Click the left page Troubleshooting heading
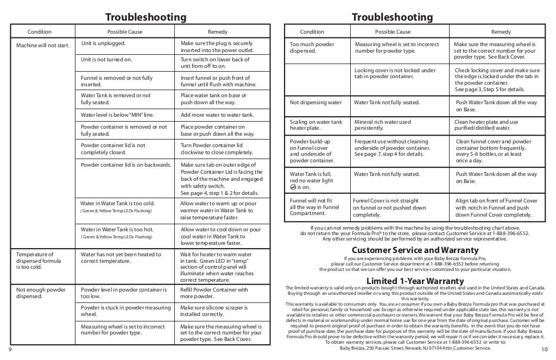145,17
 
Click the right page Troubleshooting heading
392,17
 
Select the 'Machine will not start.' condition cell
43,45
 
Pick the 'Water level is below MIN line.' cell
117,115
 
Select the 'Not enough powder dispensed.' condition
41,293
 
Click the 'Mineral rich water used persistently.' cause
382,125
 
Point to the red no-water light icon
293,188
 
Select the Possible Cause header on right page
393,32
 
